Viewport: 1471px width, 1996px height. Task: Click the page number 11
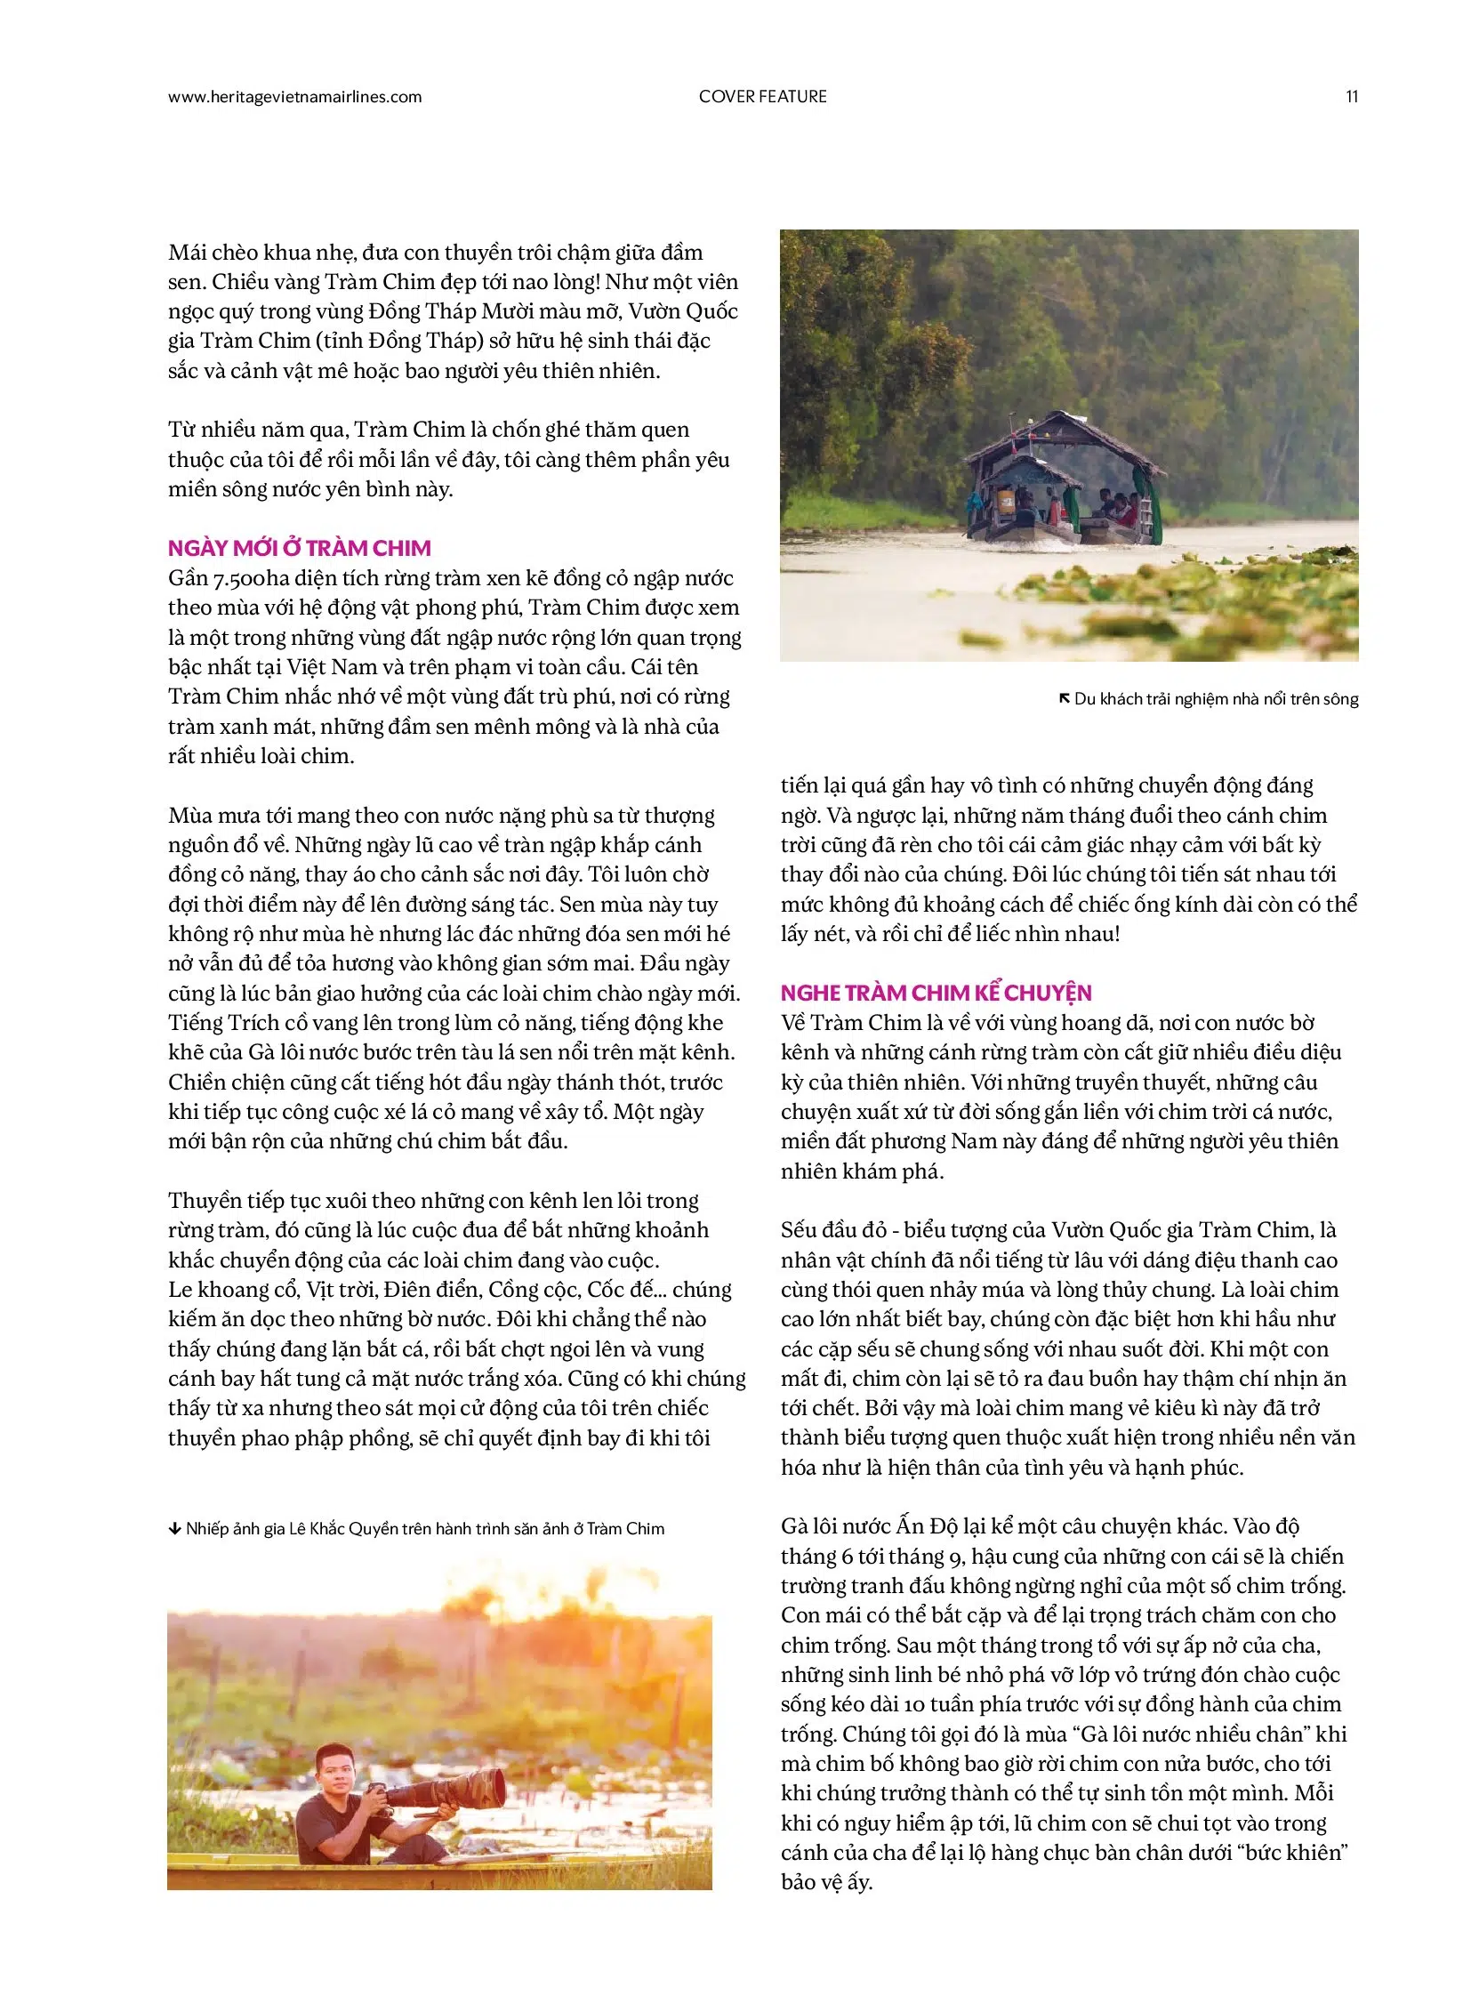point(1351,97)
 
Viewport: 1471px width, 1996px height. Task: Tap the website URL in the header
point(294,97)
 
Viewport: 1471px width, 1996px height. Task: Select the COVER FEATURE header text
point(762,97)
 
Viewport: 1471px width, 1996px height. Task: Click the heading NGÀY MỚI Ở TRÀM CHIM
point(299,548)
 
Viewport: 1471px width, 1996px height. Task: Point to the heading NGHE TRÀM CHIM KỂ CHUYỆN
point(936,992)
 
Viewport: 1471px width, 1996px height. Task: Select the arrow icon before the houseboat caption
point(1064,698)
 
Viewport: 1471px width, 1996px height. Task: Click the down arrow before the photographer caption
point(174,1528)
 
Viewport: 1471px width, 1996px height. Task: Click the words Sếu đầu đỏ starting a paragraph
point(833,1230)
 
